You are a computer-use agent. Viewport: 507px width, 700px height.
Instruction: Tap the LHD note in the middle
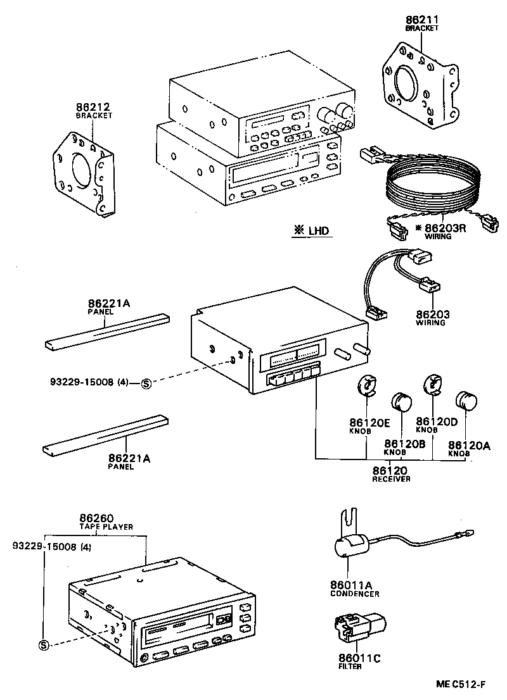click(x=312, y=231)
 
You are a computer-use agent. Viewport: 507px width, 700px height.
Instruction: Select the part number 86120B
click(x=404, y=444)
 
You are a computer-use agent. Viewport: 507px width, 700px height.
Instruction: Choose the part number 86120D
click(x=436, y=421)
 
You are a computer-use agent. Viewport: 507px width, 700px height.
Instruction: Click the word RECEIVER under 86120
click(x=390, y=479)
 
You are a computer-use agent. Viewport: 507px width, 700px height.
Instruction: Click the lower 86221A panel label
click(x=129, y=458)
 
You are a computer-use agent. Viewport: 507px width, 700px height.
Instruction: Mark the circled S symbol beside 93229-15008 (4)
click(x=145, y=383)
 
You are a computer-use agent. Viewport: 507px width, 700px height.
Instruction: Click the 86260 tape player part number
click(x=96, y=518)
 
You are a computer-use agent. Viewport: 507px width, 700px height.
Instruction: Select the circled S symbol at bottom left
click(x=44, y=645)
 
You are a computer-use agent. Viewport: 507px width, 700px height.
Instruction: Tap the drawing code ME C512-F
click(x=461, y=684)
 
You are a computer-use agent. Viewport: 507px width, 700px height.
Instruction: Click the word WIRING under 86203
click(x=430, y=323)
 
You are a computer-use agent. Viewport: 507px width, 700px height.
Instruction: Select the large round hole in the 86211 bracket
click(x=406, y=84)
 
